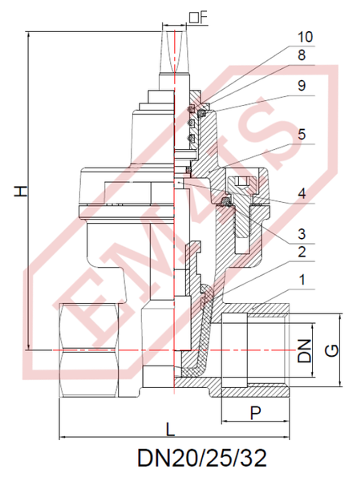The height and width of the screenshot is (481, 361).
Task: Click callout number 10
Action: [305, 37]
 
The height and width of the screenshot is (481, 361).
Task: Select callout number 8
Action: [302, 55]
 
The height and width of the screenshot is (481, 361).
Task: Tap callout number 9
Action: [302, 86]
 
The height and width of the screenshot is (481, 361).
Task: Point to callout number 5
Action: [302, 135]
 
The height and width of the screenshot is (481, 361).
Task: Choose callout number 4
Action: [302, 193]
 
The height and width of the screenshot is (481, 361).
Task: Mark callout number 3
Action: [302, 234]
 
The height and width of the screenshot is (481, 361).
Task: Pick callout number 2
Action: [302, 252]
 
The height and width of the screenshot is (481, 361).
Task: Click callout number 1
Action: [302, 280]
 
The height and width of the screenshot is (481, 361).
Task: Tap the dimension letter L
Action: [170, 429]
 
